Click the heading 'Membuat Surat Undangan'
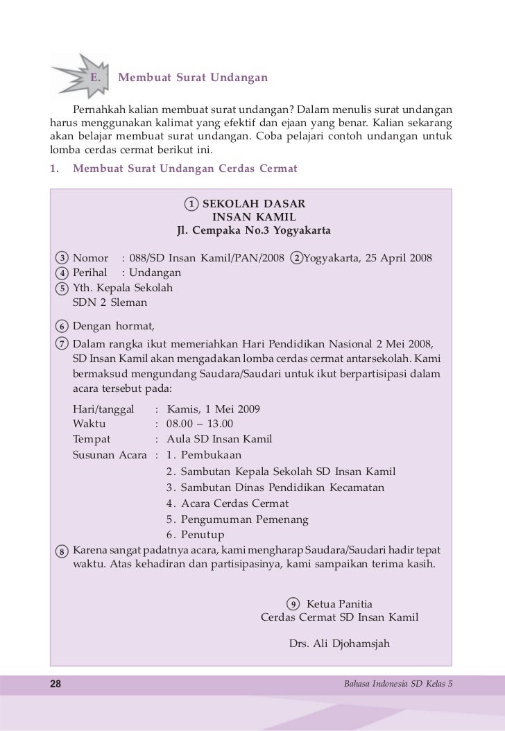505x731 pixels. (193, 77)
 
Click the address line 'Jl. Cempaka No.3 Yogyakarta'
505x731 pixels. (254, 230)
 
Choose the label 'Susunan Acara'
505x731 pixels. (110, 455)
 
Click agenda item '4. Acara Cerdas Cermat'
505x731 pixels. (228, 504)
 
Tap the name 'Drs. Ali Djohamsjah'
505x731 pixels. (339, 644)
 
